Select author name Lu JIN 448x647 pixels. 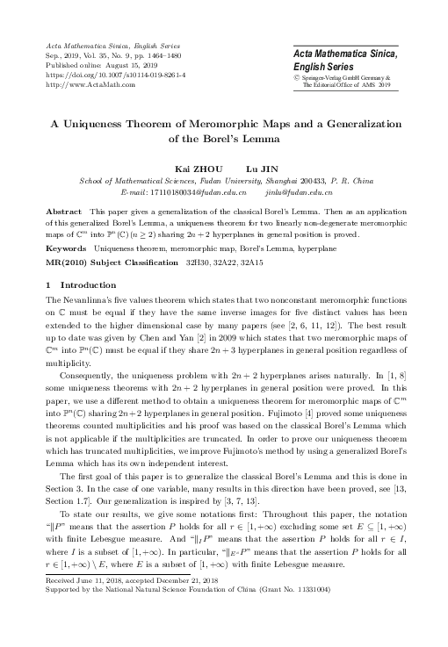[259, 167]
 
